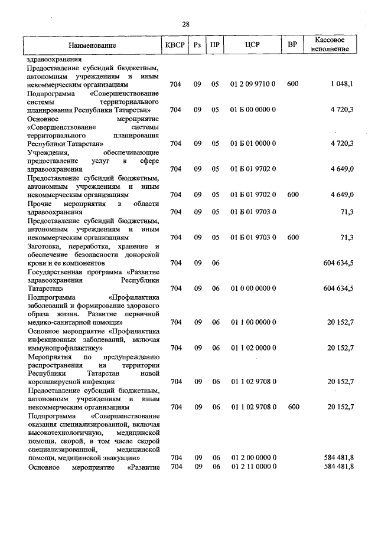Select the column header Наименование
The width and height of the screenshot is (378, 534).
92,45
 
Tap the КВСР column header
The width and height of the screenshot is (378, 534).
175,45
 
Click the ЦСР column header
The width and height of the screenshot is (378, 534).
252,45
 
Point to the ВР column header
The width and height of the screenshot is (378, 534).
292,45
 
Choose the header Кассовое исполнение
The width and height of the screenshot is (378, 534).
330,45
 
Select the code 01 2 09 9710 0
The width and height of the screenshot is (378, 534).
253,84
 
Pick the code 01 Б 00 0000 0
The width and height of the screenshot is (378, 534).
253,110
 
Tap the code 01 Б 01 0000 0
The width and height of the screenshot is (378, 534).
253,143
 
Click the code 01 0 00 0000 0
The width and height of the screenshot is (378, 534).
253,288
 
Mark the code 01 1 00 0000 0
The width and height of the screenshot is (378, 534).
253,322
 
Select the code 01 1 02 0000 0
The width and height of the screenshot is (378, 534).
253,348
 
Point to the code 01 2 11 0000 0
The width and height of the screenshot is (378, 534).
253,467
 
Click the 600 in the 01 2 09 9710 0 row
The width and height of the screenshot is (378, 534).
292,84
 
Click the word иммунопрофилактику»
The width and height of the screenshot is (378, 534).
61,348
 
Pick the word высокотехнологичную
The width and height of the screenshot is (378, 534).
64,433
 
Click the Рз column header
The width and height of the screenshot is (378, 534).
197,45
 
